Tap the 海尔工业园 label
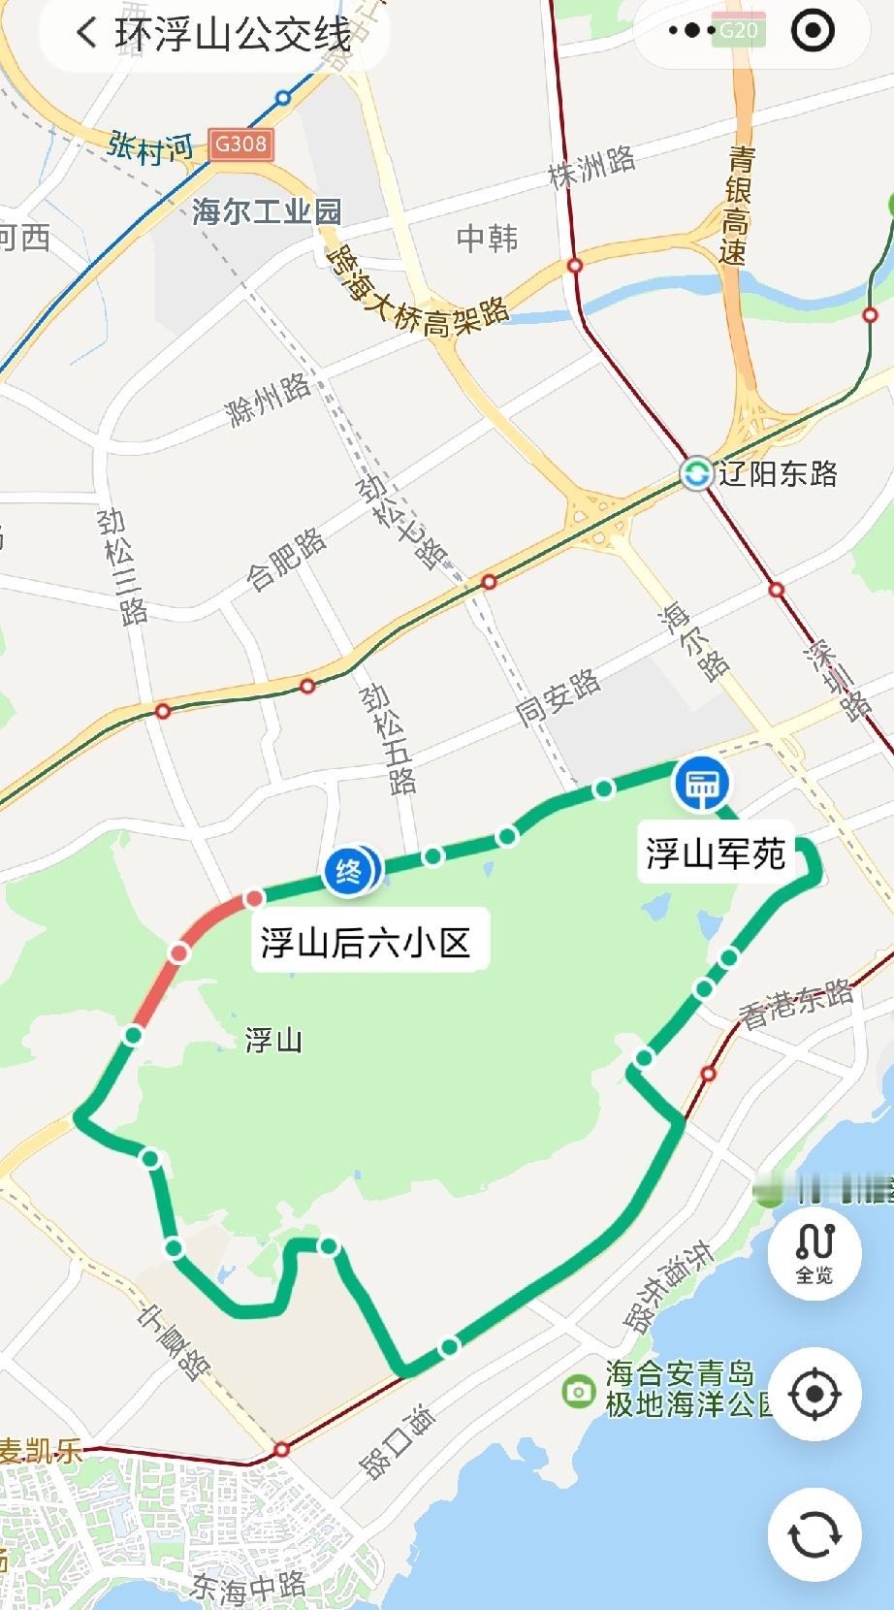pyautogui.click(x=267, y=211)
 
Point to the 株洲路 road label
pyautogui.click(x=591, y=167)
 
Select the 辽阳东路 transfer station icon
pyautogui.click(x=696, y=474)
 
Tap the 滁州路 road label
pyautogui.click(x=268, y=399)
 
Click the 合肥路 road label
pyautogui.click(x=286, y=559)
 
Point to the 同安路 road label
pyautogui.click(x=558, y=697)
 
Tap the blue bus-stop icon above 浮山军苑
pyautogui.click(x=702, y=784)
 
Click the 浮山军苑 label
pyautogui.click(x=716, y=853)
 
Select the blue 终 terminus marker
pyautogui.click(x=348, y=870)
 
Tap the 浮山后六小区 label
pyautogui.click(x=366, y=941)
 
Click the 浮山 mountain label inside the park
pyautogui.click(x=273, y=1041)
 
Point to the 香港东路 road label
pyautogui.click(x=796, y=1002)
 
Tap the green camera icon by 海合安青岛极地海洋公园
pyautogui.click(x=578, y=1392)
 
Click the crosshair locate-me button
pyautogui.click(x=814, y=1395)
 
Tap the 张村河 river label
pyautogui.click(x=151, y=148)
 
